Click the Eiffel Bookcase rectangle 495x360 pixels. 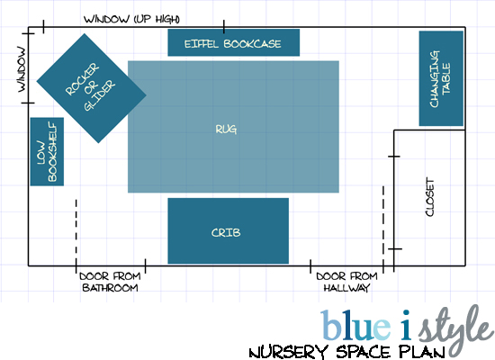[234, 42]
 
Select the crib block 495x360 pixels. [229, 230]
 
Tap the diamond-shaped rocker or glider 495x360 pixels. [92, 88]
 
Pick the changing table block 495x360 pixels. [441, 78]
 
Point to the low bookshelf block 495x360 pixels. [47, 151]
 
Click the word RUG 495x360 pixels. [226, 130]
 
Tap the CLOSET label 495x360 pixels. [430, 196]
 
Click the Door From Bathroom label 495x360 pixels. [110, 282]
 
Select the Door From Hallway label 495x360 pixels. [346, 282]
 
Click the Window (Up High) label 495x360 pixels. [131, 19]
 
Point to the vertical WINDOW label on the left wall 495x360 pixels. [22, 69]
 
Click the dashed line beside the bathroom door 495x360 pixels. [76, 232]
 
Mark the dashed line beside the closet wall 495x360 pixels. [383, 226]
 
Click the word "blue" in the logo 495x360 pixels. [355, 325]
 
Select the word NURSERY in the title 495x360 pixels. [288, 352]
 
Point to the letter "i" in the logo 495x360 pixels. [405, 325]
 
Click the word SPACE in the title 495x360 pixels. [364, 352]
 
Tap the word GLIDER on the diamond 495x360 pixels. [100, 95]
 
